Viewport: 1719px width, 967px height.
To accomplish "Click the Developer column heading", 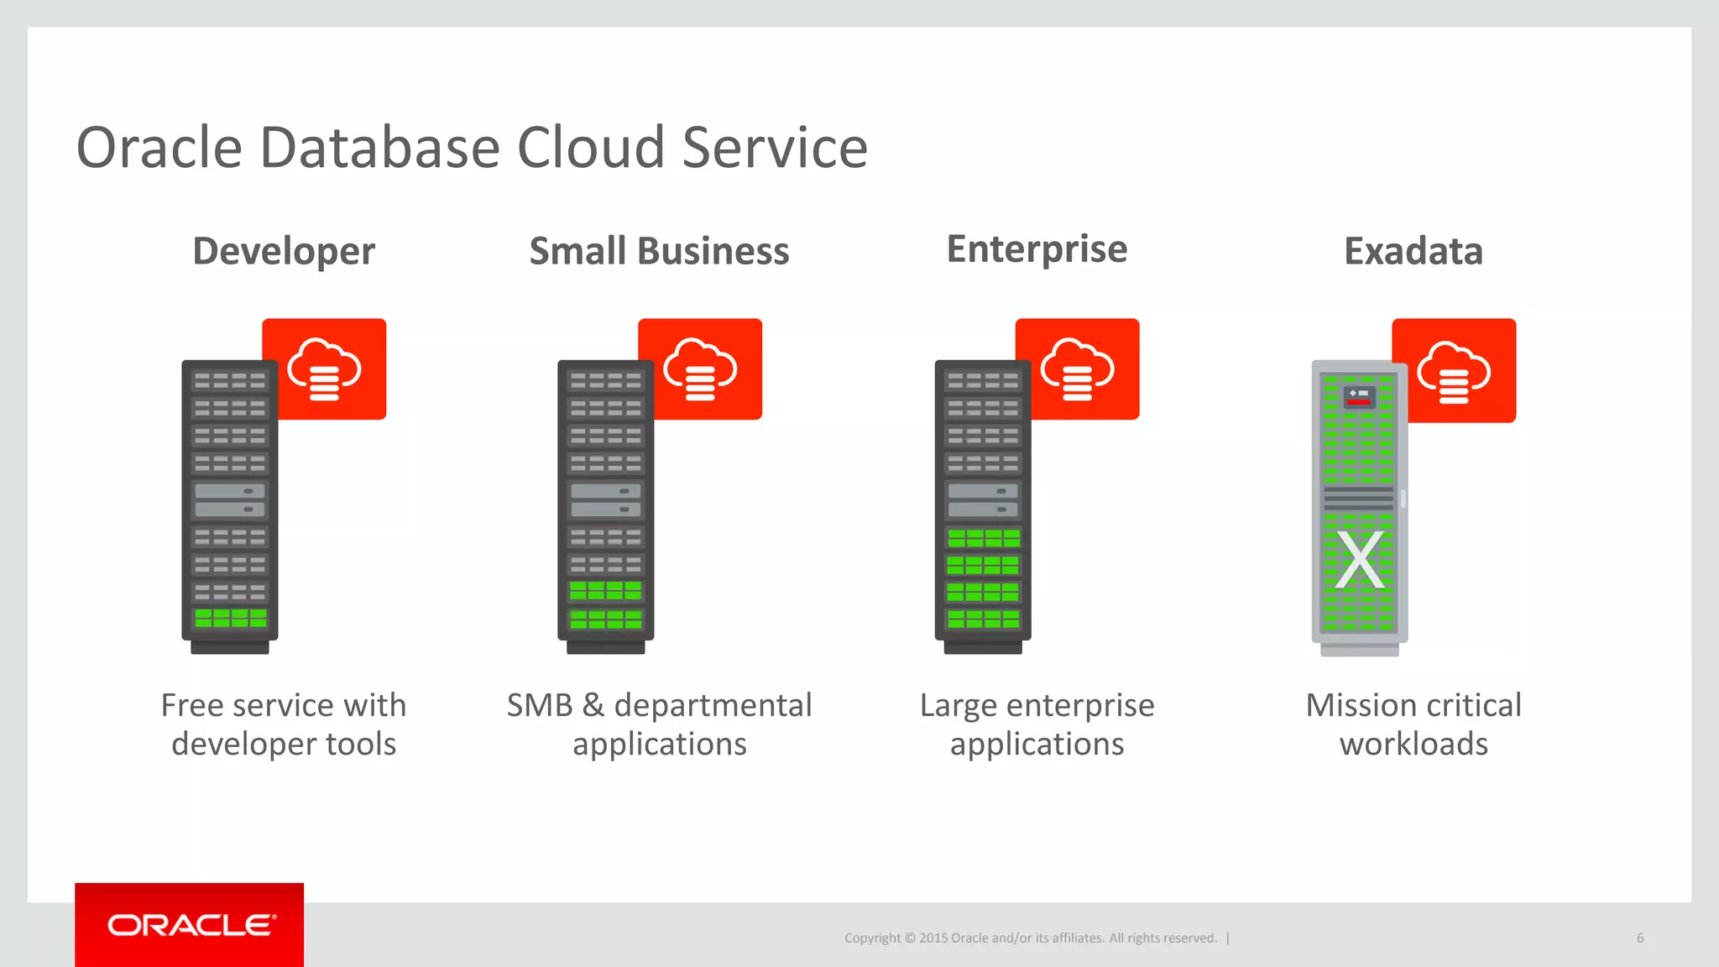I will point(284,251).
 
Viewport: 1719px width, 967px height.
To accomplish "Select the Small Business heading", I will point(659,251).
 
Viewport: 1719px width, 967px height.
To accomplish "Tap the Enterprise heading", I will point(1037,249).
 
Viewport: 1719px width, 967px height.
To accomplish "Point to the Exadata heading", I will point(1413,251).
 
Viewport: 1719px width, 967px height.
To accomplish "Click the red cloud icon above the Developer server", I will point(325,369).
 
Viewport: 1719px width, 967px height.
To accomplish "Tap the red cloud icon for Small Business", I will point(701,369).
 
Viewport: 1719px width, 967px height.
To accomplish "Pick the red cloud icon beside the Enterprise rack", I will point(1078,369).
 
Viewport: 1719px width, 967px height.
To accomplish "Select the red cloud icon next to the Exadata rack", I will point(1455,371).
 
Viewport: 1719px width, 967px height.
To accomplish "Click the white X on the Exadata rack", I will point(1360,560).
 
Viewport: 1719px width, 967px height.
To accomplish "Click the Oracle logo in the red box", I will point(191,925).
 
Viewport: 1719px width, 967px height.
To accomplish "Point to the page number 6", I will point(1639,938).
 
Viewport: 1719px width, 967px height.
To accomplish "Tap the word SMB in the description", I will point(539,705).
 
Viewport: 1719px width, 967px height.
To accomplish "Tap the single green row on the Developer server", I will point(230,619).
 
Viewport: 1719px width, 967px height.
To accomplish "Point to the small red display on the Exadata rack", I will point(1359,400).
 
